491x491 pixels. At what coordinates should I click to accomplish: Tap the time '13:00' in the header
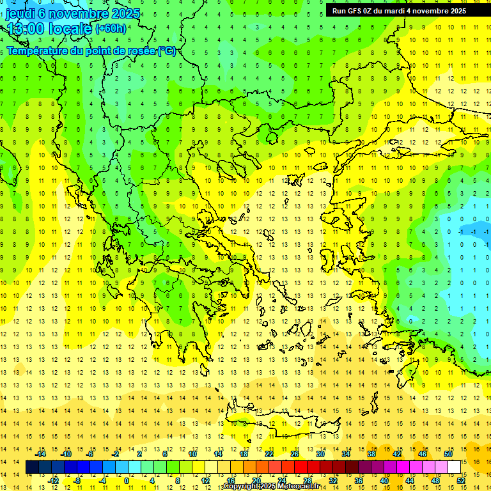pos(26,29)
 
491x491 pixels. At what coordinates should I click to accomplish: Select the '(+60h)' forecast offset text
pos(111,29)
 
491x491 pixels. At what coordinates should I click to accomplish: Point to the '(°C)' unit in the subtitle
pos(166,51)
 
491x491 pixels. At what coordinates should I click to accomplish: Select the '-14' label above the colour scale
pos(40,454)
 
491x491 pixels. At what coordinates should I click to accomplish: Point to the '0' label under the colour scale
pos(126,481)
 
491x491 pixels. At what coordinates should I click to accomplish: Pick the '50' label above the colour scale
pos(448,454)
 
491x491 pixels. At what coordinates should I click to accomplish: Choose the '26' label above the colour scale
pos(295,454)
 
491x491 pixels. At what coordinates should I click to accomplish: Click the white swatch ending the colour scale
pos(455,467)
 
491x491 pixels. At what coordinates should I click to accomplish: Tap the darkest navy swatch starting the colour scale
pos(32,467)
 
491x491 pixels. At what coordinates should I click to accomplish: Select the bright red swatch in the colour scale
pos(300,467)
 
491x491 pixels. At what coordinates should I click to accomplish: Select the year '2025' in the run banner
pos(455,11)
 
